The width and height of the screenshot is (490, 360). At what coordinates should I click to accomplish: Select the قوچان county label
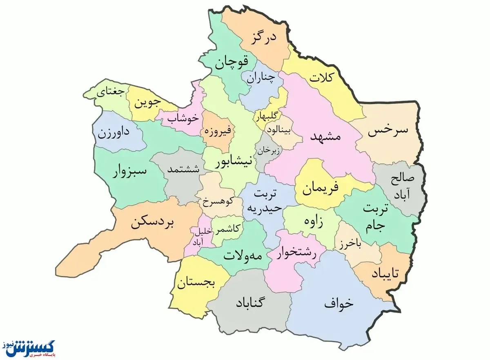(x=232, y=63)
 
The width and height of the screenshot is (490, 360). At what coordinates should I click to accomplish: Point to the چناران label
(x=259, y=79)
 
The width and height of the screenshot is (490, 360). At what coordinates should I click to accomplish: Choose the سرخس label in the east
(x=388, y=131)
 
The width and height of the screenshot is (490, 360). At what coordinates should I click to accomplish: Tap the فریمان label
(x=321, y=189)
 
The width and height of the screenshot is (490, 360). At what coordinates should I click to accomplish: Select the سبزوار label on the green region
(x=129, y=172)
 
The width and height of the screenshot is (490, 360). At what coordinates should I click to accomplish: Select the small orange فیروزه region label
(x=218, y=132)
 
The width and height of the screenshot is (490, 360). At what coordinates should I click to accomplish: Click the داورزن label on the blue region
(x=114, y=133)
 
